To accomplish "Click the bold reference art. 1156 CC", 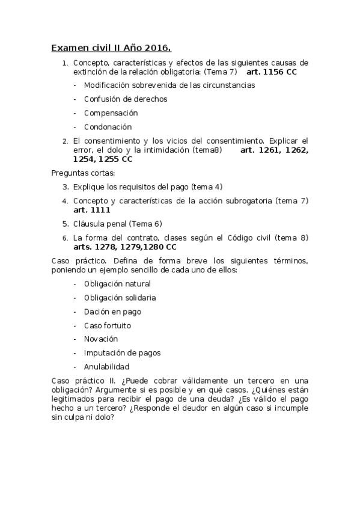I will pyautogui.click(x=272, y=72).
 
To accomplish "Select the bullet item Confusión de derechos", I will pyautogui.click(x=126, y=99).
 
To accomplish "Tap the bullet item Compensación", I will pyautogui.click(x=111, y=113).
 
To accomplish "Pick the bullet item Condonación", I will pyautogui.click(x=108, y=127).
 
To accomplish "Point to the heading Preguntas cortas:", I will pyautogui.click(x=79, y=173).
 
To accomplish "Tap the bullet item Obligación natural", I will pyautogui.click(x=117, y=284).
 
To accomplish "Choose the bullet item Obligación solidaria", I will pyautogui.click(x=120, y=298).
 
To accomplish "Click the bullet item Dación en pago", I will pyautogui.click(x=112, y=312).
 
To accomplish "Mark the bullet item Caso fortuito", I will pyautogui.click(x=108, y=325).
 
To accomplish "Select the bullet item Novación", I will pyautogui.click(x=101, y=339).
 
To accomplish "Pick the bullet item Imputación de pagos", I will pyautogui.click(x=122, y=353).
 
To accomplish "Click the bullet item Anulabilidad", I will pyautogui.click(x=106, y=367).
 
